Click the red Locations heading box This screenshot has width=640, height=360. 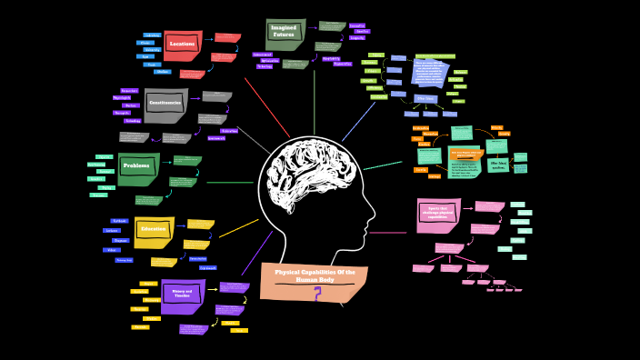click(182, 45)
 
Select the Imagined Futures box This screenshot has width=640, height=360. click(285, 34)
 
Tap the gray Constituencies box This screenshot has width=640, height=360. click(165, 105)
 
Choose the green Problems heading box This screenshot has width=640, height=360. click(138, 167)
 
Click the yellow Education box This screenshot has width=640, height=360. click(153, 231)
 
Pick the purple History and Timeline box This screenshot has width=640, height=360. click(182, 295)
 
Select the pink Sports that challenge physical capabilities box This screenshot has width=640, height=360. click(438, 215)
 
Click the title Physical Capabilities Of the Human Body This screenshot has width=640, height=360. click(314, 275)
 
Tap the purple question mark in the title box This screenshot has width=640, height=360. click(317, 294)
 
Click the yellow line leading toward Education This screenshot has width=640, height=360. click(238, 228)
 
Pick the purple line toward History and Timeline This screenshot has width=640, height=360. click(256, 254)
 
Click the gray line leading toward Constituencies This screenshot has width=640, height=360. click(254, 139)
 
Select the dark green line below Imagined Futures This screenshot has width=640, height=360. click(314, 100)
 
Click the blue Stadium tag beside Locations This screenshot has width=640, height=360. click(162, 71)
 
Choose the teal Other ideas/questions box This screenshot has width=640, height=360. click(498, 165)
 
